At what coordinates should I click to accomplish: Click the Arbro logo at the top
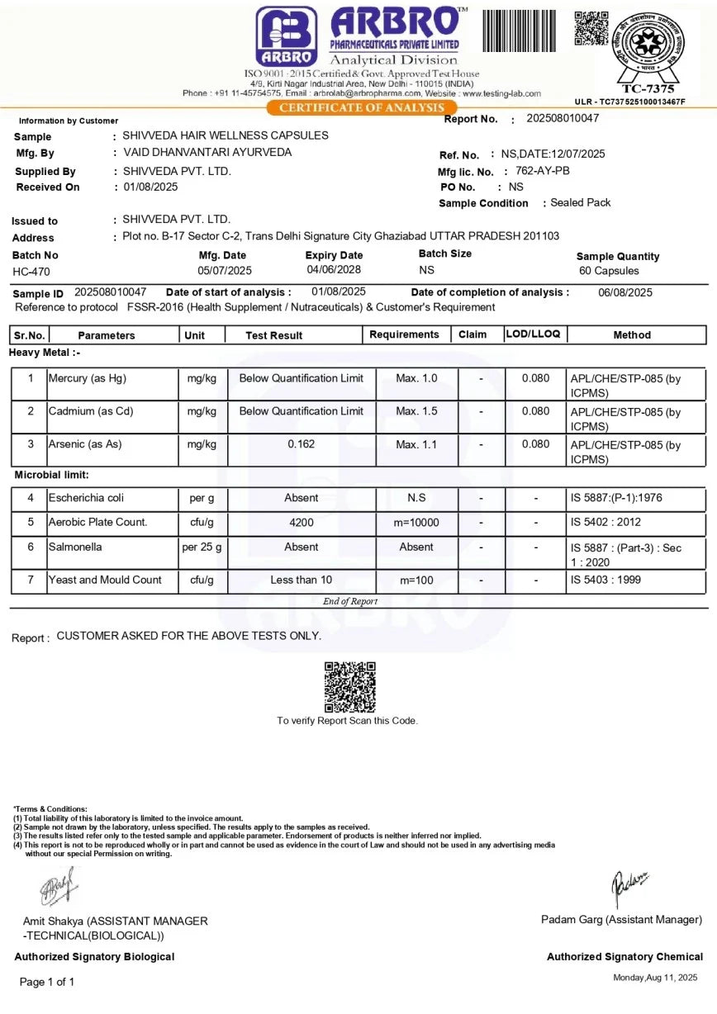286,36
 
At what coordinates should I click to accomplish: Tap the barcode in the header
519,31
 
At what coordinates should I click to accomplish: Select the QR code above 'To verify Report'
349,686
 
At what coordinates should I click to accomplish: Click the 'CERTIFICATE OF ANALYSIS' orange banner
362,108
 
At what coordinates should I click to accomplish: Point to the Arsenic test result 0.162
301,444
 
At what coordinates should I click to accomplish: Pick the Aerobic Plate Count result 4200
301,523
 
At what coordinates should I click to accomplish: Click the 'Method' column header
632,335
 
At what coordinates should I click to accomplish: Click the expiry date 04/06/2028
334,270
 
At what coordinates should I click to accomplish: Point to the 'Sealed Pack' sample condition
581,202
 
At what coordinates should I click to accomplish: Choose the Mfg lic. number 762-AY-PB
542,171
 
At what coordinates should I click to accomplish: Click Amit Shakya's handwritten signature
58,888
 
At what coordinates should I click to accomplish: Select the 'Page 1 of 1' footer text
47,982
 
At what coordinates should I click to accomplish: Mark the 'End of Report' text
350,601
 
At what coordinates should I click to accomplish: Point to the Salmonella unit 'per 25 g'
202,547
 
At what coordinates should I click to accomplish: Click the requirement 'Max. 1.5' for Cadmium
416,411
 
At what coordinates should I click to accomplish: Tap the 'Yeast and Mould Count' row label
105,580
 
